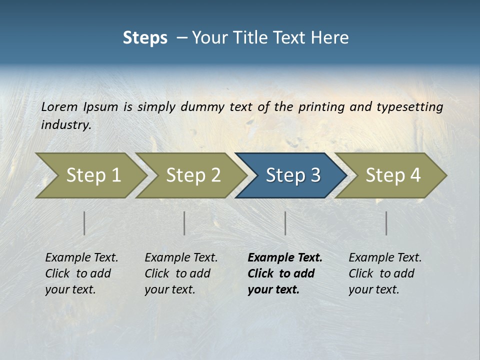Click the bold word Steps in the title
point(145,37)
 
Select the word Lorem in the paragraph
point(59,106)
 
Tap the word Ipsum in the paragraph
point(101,107)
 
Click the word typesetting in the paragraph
point(409,107)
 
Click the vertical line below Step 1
point(84,223)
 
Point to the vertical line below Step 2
point(184,223)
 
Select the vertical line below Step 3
point(285,223)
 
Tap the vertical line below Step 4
point(386,223)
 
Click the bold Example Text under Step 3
point(285,258)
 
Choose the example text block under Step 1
point(81,273)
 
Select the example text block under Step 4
point(385,273)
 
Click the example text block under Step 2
point(181,273)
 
